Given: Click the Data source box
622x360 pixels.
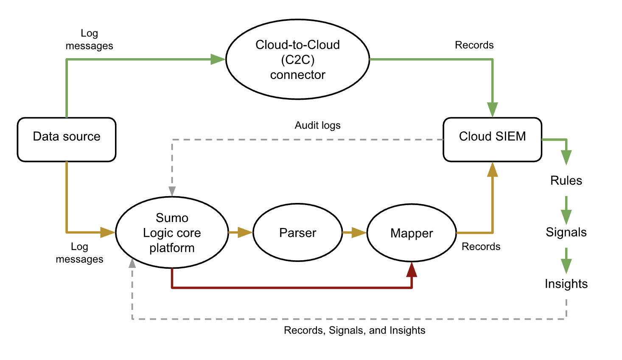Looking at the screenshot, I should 67,140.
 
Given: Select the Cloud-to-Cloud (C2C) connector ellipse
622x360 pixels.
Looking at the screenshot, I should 297,59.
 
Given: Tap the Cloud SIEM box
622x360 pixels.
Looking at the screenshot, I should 492,140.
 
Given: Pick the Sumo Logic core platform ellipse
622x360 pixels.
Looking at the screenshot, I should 172,233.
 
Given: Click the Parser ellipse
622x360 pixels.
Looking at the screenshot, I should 297,233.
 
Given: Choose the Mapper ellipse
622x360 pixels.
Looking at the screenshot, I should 412,233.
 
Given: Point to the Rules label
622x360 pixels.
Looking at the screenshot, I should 566,180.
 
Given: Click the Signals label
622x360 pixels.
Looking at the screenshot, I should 566,232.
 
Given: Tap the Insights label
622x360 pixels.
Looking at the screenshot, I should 566,284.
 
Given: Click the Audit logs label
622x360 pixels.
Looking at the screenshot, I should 317,125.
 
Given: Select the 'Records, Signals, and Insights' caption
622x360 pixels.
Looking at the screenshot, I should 354,330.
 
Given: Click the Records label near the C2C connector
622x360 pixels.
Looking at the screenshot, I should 474,45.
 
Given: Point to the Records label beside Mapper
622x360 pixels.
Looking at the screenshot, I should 481,247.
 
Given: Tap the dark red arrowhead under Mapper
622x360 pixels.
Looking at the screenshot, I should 412,270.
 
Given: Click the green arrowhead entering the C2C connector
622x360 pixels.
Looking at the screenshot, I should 218,59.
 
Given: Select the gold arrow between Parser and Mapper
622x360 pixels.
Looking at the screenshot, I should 355,233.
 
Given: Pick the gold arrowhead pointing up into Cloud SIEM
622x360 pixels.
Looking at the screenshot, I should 492,170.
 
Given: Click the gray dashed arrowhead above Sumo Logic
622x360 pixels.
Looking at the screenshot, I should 172,191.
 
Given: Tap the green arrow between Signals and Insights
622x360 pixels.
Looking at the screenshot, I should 566,261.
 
